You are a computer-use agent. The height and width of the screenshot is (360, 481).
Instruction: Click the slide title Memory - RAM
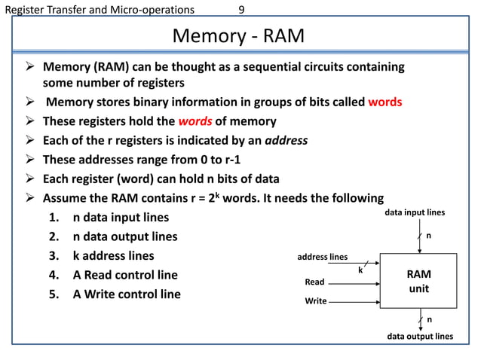(x=238, y=36)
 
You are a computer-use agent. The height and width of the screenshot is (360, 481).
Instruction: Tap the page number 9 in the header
(x=240, y=10)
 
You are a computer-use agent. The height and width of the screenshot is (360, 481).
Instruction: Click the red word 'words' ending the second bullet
(x=384, y=102)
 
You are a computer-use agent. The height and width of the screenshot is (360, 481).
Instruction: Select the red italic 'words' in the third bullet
(x=196, y=121)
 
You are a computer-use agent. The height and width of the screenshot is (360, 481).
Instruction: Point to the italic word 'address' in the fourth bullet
(x=286, y=140)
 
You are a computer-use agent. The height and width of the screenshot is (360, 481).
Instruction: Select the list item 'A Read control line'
(x=125, y=275)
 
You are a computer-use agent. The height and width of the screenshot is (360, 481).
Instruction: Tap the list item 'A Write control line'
(x=127, y=294)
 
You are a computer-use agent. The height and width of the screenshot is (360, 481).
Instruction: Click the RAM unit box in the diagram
(x=419, y=281)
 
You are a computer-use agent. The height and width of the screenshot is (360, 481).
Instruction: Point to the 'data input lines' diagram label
(x=415, y=213)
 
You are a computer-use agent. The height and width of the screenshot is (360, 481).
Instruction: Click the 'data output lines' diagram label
(x=419, y=336)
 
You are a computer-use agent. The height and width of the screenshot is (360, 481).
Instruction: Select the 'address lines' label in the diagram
(x=323, y=257)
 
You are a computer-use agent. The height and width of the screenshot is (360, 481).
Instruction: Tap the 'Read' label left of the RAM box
(x=314, y=282)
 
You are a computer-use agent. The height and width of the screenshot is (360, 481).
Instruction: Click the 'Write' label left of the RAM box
(x=315, y=301)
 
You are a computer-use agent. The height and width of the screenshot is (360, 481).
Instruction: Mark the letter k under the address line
(x=360, y=270)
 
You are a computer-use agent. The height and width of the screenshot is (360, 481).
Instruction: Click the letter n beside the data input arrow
(x=429, y=236)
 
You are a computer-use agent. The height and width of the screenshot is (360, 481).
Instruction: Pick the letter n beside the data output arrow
(x=430, y=319)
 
